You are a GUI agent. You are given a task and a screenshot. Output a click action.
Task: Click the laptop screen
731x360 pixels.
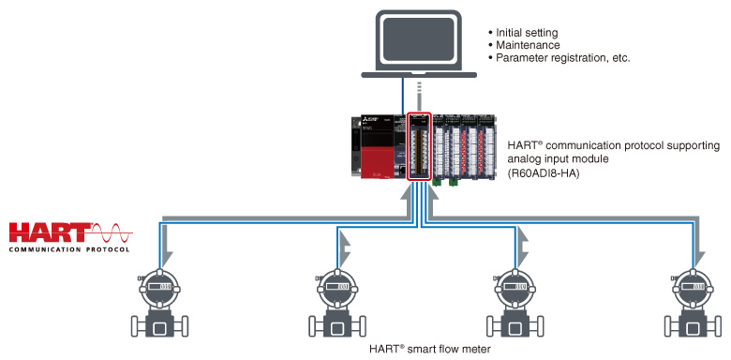tap(418, 40)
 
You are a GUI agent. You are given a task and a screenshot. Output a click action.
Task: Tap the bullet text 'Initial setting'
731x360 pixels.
tap(527, 33)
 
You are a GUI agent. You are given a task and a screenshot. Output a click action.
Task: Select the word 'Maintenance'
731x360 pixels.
tap(528, 45)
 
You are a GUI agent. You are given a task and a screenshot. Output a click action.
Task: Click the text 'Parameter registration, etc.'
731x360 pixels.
tap(563, 58)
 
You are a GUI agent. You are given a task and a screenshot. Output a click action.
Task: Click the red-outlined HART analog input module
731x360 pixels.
tap(419, 146)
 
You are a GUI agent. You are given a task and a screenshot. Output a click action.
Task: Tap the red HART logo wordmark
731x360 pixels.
tap(51, 232)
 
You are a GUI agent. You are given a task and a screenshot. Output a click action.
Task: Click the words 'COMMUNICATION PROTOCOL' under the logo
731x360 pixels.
tap(69, 249)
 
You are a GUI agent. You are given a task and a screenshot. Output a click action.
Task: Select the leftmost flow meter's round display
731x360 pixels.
tap(159, 287)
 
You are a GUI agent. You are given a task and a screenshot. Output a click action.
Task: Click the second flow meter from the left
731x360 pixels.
tap(337, 303)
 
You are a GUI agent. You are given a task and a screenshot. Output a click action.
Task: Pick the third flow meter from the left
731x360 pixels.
tap(515, 303)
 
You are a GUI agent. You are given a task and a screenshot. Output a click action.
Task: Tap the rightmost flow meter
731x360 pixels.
tap(694, 303)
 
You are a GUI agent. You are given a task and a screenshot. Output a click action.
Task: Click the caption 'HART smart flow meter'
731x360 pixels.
tap(430, 349)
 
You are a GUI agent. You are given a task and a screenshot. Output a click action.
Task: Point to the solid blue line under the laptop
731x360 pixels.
tap(403, 95)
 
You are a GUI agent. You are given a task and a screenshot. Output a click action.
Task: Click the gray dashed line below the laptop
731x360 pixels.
tap(420, 97)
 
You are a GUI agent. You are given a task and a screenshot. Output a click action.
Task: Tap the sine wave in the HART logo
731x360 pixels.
tap(112, 232)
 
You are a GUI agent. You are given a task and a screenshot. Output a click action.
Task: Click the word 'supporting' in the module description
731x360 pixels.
tap(697, 145)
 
